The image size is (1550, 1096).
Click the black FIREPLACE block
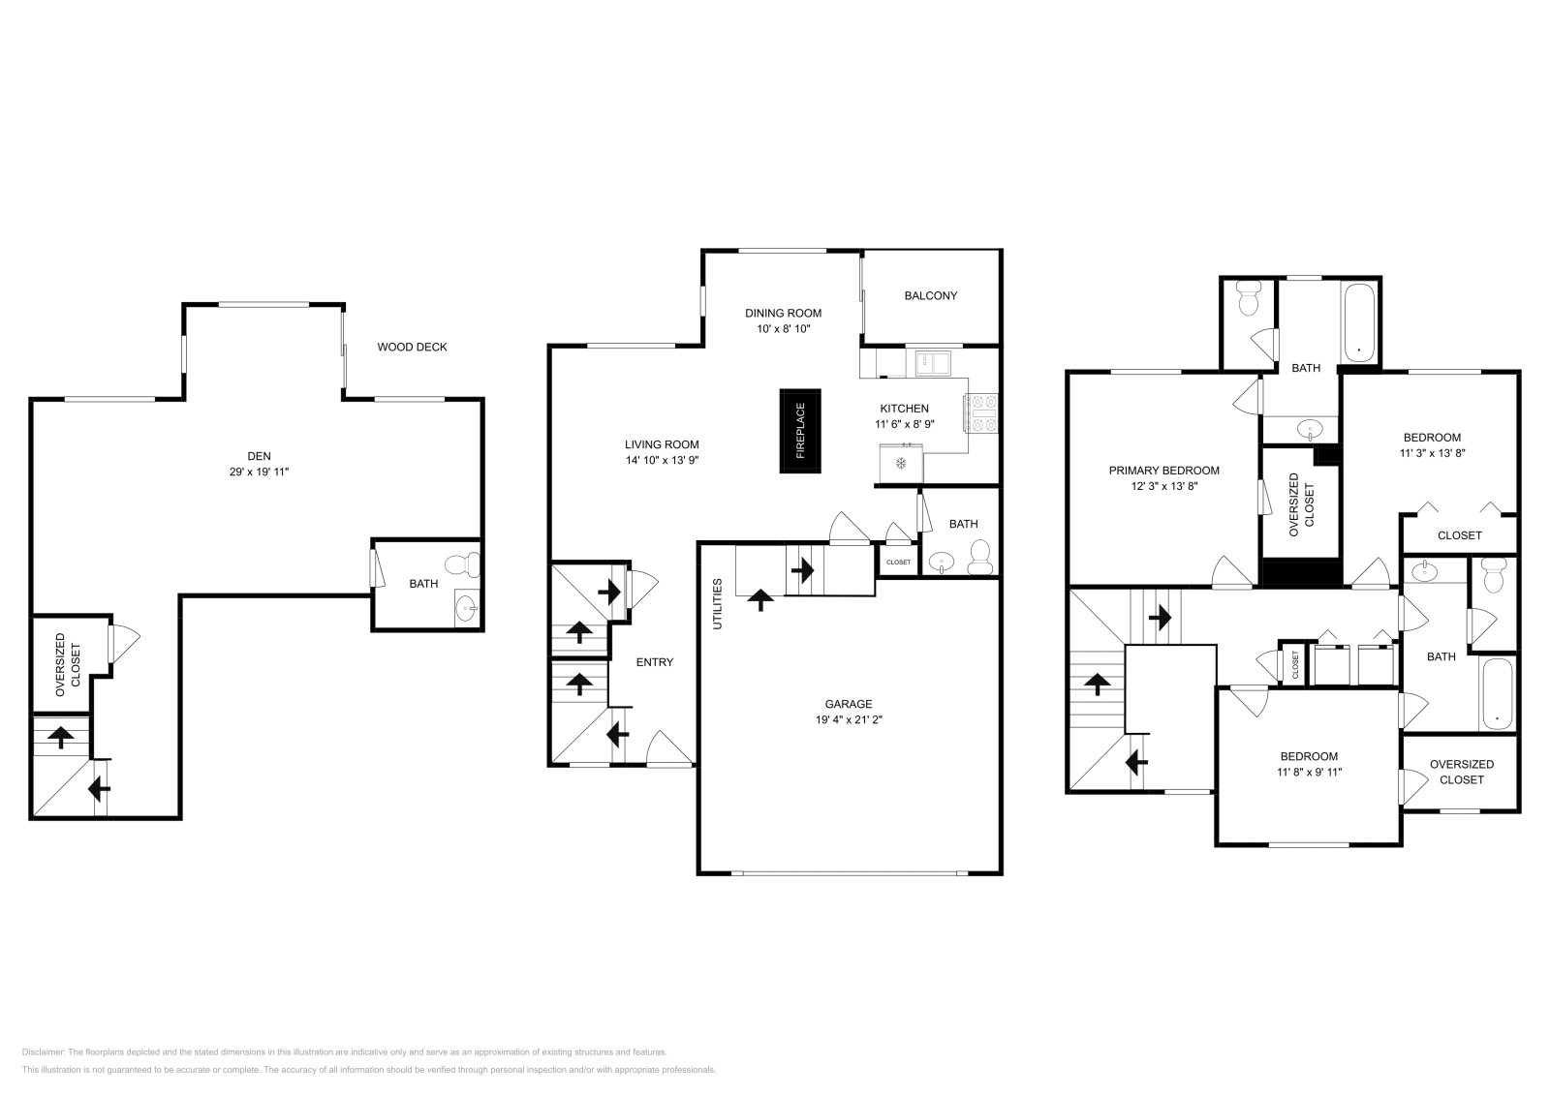pos(800,431)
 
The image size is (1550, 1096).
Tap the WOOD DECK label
pos(412,347)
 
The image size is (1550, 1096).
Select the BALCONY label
pos(930,295)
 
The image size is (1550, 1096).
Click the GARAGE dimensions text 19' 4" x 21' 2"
pos(849,719)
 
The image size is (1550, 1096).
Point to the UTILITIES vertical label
pos(718,603)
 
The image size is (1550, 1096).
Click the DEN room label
pos(259,456)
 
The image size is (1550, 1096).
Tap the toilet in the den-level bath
pos(463,563)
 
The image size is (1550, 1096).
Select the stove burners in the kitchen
pos(983,412)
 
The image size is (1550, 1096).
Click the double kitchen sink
pos(933,363)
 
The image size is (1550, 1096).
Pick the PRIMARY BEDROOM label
pos(1163,471)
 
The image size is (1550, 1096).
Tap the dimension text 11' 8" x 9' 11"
pos(1308,772)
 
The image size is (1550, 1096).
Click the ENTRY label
pos(654,662)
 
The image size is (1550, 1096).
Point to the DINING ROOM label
pos(783,313)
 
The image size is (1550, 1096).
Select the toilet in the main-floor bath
pos(979,558)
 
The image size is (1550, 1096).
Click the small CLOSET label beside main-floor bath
pos(898,562)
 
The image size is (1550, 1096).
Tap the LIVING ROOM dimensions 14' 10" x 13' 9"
pos(662,460)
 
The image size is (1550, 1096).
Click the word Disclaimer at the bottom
pos(43,1051)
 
